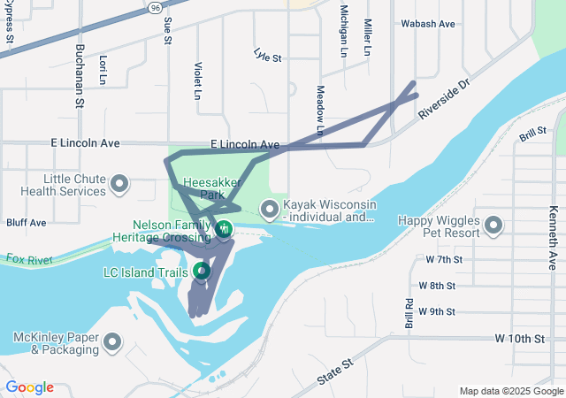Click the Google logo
click(x=29, y=387)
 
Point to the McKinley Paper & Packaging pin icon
click(x=113, y=341)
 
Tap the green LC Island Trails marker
click(x=201, y=270)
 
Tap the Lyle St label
click(x=266, y=57)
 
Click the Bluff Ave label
click(x=26, y=223)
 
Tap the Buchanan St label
click(x=80, y=76)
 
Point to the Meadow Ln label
click(x=321, y=111)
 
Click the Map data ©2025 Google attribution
click(x=510, y=391)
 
